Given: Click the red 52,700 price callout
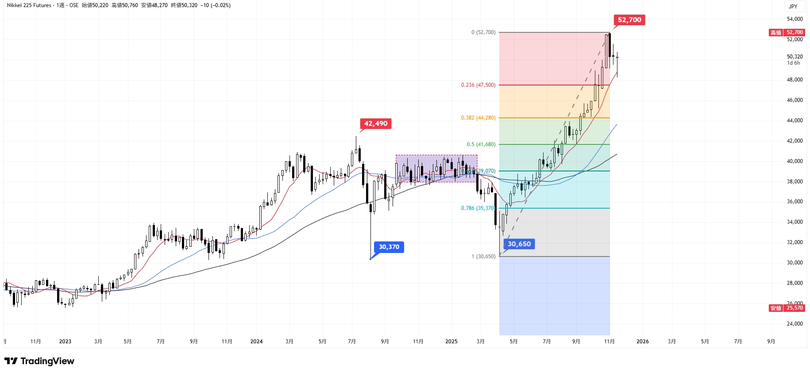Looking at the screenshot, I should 629,20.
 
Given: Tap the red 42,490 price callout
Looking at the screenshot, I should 375,124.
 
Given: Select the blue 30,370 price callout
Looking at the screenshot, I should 389,247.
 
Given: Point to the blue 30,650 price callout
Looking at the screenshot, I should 519,244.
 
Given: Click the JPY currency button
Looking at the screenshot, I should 793,6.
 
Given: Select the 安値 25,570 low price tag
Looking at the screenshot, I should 787,308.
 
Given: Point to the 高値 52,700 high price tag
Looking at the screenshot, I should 787,32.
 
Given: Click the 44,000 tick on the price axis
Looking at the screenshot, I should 795,120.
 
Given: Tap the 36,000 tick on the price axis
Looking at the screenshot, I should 795,202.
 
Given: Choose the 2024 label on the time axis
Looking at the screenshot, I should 256,342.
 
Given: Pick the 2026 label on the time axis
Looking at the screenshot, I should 642,342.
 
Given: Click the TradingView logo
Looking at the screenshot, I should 39,361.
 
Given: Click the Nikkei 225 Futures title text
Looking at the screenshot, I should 29,5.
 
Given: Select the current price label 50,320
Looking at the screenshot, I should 795,57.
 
